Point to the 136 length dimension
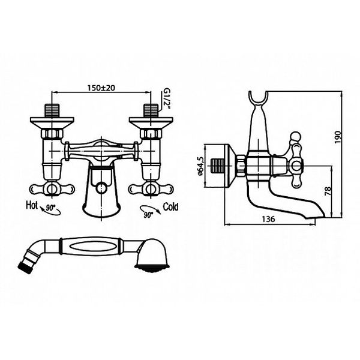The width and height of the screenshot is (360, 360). pyautogui.click(x=269, y=220)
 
